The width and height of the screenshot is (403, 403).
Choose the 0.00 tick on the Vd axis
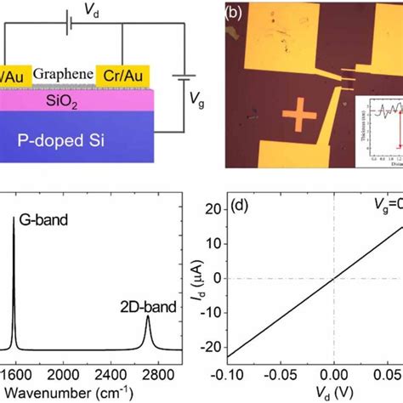pos(334,375)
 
